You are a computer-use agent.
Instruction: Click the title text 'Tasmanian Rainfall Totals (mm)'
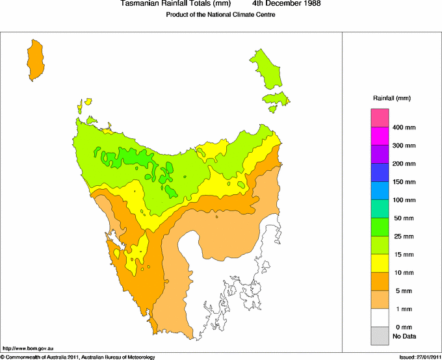pyautogui.click(x=175, y=4)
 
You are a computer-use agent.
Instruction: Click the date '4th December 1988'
pyautogui.click(x=286, y=4)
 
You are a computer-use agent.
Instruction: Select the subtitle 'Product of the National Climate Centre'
pyautogui.click(x=221, y=15)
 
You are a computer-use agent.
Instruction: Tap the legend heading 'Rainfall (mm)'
pyautogui.click(x=391, y=98)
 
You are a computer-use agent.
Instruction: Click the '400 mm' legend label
pyautogui.click(x=403, y=127)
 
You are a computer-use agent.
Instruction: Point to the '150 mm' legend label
pyautogui.click(x=403, y=182)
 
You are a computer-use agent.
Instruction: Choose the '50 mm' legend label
pyautogui.click(x=403, y=218)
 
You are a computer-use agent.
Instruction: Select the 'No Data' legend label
pyautogui.click(x=404, y=336)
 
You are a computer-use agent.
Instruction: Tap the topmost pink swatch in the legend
pyautogui.click(x=380, y=118)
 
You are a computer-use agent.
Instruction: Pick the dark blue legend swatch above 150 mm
pyautogui.click(x=380, y=172)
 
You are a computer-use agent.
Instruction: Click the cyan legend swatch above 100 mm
pyautogui.click(x=380, y=190)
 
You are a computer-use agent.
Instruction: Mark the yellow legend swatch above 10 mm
pyautogui.click(x=380, y=263)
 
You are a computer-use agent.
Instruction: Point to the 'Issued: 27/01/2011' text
pyautogui.click(x=420, y=357)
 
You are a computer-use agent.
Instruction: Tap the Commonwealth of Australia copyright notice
pyautogui.click(x=78, y=357)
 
